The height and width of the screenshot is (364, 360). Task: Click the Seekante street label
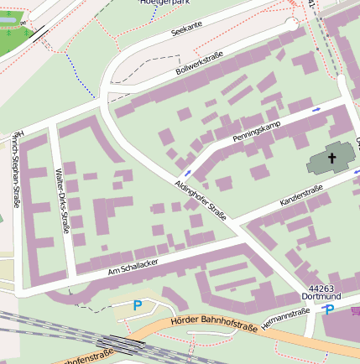(x=185, y=29)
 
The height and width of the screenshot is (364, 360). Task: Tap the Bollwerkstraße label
(x=200, y=63)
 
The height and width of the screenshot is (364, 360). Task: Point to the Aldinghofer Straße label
(x=201, y=200)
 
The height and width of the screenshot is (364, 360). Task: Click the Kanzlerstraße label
(x=301, y=198)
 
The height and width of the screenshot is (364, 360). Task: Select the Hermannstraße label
(x=285, y=318)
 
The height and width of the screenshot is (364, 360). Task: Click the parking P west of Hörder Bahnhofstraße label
(x=138, y=306)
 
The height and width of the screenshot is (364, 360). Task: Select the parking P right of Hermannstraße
(x=329, y=310)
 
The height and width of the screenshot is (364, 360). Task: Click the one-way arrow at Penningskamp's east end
(x=316, y=109)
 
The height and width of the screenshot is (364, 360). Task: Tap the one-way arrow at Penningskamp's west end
(x=186, y=174)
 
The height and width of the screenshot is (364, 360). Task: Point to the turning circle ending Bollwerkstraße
(x=292, y=23)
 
